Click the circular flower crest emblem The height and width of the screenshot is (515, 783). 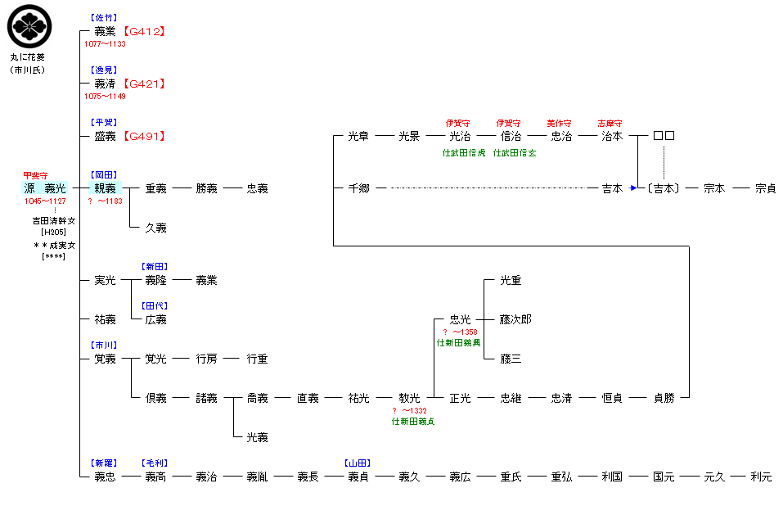click(29, 26)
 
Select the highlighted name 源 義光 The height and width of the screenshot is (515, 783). click(45, 188)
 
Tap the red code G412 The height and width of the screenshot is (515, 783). click(144, 31)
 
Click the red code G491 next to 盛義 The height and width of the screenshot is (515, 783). click(144, 136)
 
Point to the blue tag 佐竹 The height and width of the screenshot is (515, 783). click(104, 18)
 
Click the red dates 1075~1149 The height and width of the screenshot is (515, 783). click(105, 97)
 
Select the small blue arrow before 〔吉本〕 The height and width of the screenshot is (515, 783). click(633, 187)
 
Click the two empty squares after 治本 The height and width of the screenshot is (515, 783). click(664, 135)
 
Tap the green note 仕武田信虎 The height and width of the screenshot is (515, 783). click(464, 153)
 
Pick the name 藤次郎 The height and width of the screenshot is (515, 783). click(515, 319)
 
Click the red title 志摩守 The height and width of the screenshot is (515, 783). click(610, 124)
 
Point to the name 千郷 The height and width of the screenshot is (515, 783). click(358, 188)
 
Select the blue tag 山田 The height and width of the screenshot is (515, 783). click(358, 463)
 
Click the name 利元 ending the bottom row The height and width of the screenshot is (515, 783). click(761, 477)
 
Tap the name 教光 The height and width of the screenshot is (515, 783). click(409, 398)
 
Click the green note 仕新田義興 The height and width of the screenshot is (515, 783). click(458, 343)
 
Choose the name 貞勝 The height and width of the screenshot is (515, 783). click(664, 398)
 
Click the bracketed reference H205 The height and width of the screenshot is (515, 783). click(53, 232)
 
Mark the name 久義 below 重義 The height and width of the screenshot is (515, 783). click(155, 228)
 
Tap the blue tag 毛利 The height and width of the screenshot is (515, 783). click(155, 463)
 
